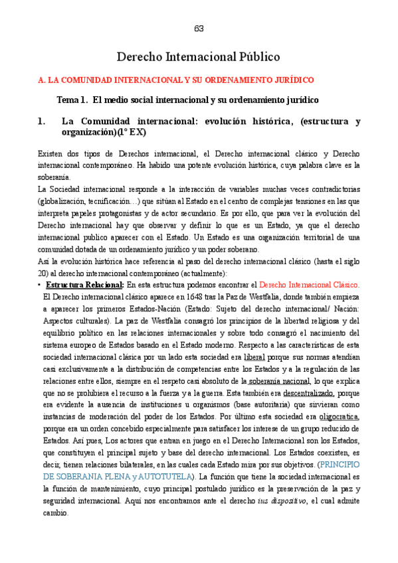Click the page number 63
[199, 29]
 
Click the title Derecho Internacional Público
[199, 57]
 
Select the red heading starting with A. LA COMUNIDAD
[175, 80]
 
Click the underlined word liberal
[254, 357]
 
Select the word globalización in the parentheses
[64, 201]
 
